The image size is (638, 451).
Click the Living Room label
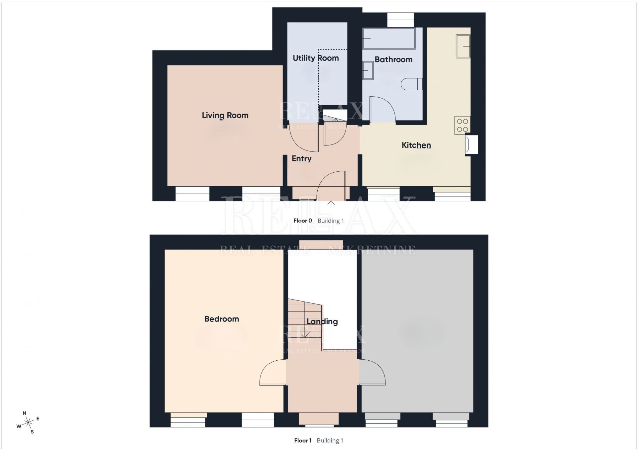pos(225,115)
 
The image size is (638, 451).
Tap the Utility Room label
pos(316,58)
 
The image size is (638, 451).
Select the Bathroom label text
pos(393,59)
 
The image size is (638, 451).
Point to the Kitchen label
pos(416,145)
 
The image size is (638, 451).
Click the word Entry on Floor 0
pos(301,159)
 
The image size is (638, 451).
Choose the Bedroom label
pos(222,319)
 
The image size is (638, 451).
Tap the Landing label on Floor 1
pos(322,321)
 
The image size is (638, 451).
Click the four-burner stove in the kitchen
pos(462,125)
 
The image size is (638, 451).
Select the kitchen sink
pos(463,46)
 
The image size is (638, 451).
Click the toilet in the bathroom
pos(411,84)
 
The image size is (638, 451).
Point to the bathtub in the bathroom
pos(389,39)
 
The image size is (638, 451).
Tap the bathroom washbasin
pos(368,70)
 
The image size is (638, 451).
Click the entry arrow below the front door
pos(331,204)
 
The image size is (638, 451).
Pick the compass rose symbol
pos(28,423)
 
